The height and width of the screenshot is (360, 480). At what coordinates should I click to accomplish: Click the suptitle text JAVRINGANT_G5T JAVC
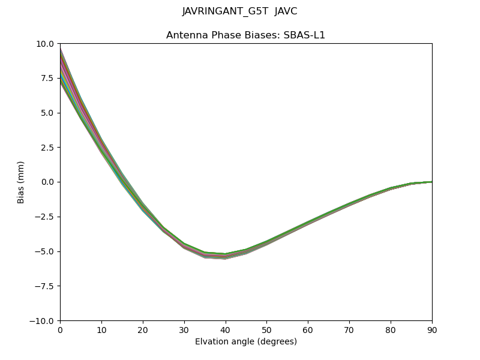click(239, 11)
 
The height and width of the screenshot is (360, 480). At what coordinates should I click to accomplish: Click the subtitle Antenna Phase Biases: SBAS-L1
click(245, 35)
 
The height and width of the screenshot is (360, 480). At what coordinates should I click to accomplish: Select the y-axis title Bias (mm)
click(21, 182)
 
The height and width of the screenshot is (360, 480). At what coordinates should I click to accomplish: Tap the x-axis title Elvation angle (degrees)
click(245, 342)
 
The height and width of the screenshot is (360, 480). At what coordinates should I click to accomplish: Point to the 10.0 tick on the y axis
click(46, 44)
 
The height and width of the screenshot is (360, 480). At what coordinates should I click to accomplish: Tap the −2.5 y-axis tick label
click(45, 217)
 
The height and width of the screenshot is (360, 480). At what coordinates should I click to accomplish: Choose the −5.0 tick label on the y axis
click(45, 251)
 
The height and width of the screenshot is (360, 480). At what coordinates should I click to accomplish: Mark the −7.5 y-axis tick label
click(45, 286)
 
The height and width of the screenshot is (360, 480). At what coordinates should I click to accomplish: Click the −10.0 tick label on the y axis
click(43, 321)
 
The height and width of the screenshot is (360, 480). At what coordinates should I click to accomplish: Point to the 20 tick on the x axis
click(143, 329)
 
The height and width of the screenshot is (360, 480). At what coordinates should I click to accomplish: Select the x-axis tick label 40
click(225, 329)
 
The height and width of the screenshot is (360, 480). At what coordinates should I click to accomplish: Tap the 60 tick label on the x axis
click(308, 329)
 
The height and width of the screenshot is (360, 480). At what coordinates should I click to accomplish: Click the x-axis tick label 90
click(431, 329)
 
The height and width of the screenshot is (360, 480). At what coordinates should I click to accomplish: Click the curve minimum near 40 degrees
click(225, 256)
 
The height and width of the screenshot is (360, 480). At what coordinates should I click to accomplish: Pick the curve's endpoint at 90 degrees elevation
click(431, 181)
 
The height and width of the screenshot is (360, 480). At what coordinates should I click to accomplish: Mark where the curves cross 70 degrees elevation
click(349, 206)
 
